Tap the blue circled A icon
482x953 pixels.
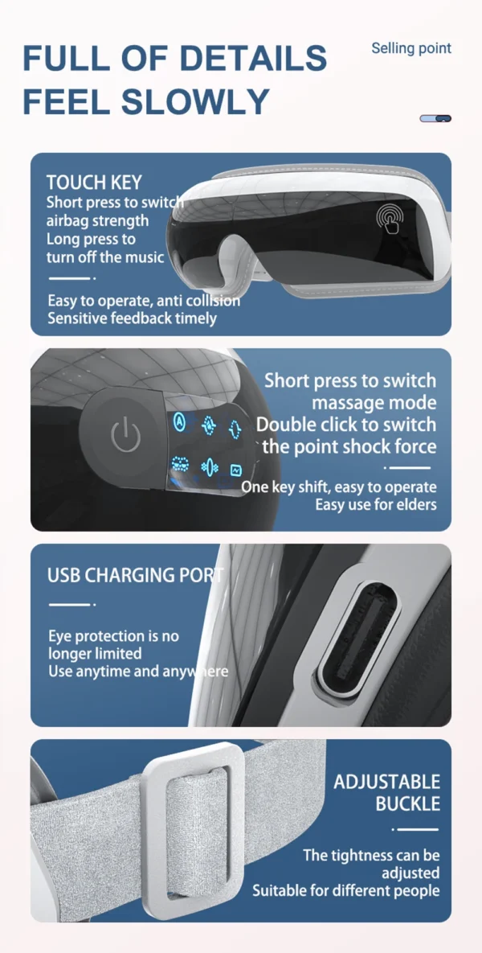pyautogui.click(x=180, y=421)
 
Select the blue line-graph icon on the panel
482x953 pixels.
pyautogui.click(x=235, y=470)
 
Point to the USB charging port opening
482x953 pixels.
pyautogui.click(x=359, y=635)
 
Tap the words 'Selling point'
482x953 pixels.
pyautogui.click(x=411, y=48)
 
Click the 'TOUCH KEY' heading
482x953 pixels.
pyautogui.click(x=94, y=183)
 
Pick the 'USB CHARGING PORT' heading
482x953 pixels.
pyautogui.click(x=136, y=575)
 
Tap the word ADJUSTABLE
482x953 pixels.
pyautogui.click(x=386, y=782)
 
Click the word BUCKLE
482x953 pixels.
pyautogui.click(x=408, y=803)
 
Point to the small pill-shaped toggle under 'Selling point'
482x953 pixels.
pyautogui.click(x=436, y=118)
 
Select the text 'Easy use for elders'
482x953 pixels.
pyautogui.click(x=376, y=505)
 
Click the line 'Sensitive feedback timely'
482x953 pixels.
pyautogui.click(x=132, y=318)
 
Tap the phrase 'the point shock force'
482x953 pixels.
pyautogui.click(x=349, y=446)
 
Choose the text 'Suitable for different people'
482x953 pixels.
pyautogui.click(x=346, y=891)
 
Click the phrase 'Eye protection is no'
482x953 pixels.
pyautogui.click(x=113, y=636)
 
